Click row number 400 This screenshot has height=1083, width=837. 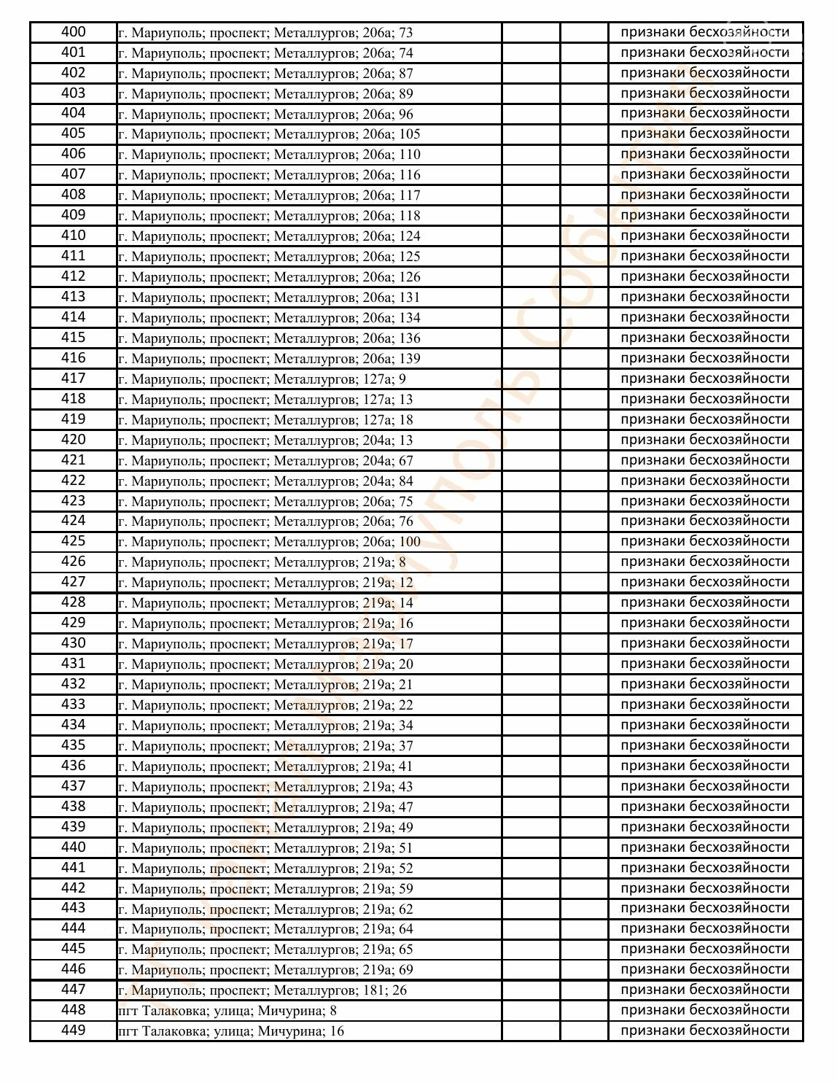point(73,32)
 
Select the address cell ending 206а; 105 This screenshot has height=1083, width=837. point(269,134)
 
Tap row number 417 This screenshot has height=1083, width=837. point(73,379)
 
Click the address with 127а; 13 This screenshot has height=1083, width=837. point(265,400)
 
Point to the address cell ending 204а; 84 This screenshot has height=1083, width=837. point(265,481)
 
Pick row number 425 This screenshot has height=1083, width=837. point(73,541)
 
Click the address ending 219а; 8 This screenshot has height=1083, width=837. point(262,562)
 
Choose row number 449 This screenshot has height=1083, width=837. point(73,1030)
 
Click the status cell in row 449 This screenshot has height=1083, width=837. point(704,1030)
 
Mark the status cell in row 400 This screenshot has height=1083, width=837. point(704,32)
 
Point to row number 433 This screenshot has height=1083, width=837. point(73,704)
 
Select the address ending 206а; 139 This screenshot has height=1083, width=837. point(269,359)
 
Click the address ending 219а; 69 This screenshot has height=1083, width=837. point(265,970)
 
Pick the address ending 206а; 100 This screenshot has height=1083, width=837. point(269,542)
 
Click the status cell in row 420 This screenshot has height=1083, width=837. point(704,440)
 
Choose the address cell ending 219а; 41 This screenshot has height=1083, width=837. point(265,766)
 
